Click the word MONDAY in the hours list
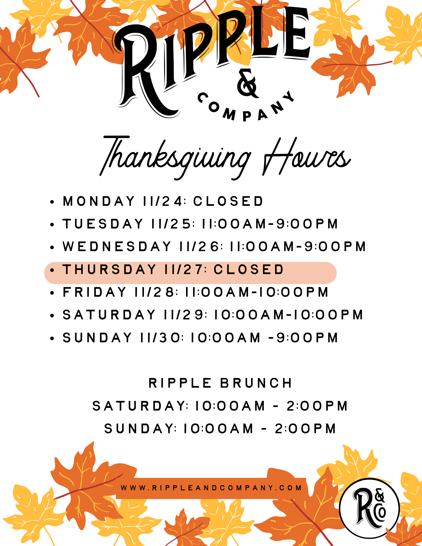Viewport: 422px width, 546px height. [x=99, y=201]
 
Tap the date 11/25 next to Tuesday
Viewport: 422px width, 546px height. [x=171, y=224]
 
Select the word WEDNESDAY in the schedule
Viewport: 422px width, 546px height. [x=117, y=247]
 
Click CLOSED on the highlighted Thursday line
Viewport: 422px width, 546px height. [x=249, y=269]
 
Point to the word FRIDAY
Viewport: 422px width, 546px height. [x=95, y=292]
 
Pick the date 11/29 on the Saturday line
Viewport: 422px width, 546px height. [x=183, y=315]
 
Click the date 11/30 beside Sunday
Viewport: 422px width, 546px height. [x=160, y=338]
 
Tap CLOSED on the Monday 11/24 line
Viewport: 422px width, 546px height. [x=228, y=201]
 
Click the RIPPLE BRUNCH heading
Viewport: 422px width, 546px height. [x=220, y=383]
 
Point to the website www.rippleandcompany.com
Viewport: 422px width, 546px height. [x=211, y=488]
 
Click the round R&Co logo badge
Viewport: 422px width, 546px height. [x=370, y=508]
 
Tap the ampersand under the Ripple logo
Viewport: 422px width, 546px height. [x=247, y=83]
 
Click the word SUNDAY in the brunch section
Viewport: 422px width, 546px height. [x=139, y=429]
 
